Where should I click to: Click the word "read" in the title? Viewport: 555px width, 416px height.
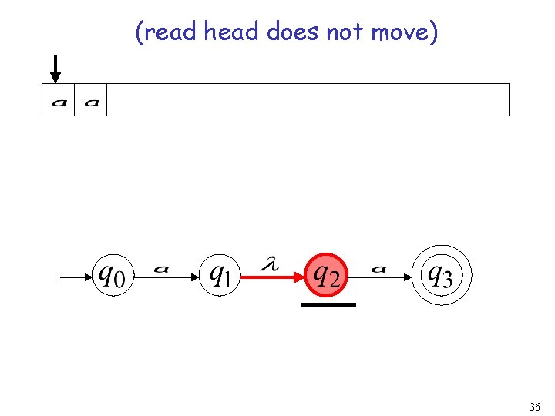[171, 32]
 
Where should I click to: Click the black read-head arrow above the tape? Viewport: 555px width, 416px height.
[55, 69]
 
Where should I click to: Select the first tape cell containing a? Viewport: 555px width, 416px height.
[59, 100]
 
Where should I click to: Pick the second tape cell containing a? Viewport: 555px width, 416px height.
[91, 100]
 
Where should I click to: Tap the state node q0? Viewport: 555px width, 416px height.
[113, 274]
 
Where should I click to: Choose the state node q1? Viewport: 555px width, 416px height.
[220, 274]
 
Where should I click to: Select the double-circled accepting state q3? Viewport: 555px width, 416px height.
[440, 274]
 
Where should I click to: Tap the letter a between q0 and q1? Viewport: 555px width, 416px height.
[161, 269]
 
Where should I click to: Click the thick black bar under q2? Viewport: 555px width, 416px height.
[328, 305]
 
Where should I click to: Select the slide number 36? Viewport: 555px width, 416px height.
[535, 406]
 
